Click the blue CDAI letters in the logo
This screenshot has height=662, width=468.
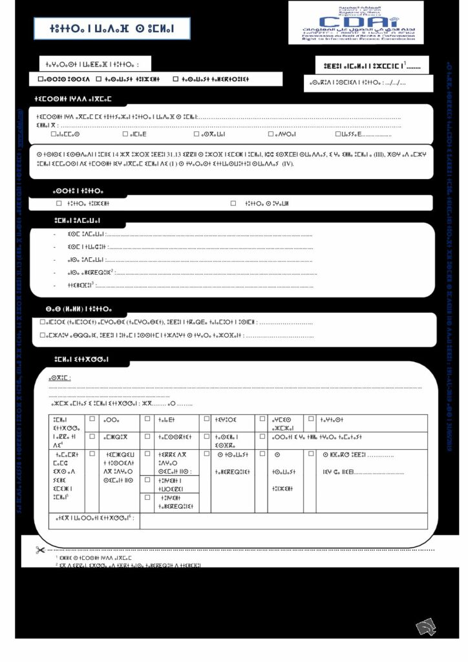356,19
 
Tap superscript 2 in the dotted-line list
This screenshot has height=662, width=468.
112,271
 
